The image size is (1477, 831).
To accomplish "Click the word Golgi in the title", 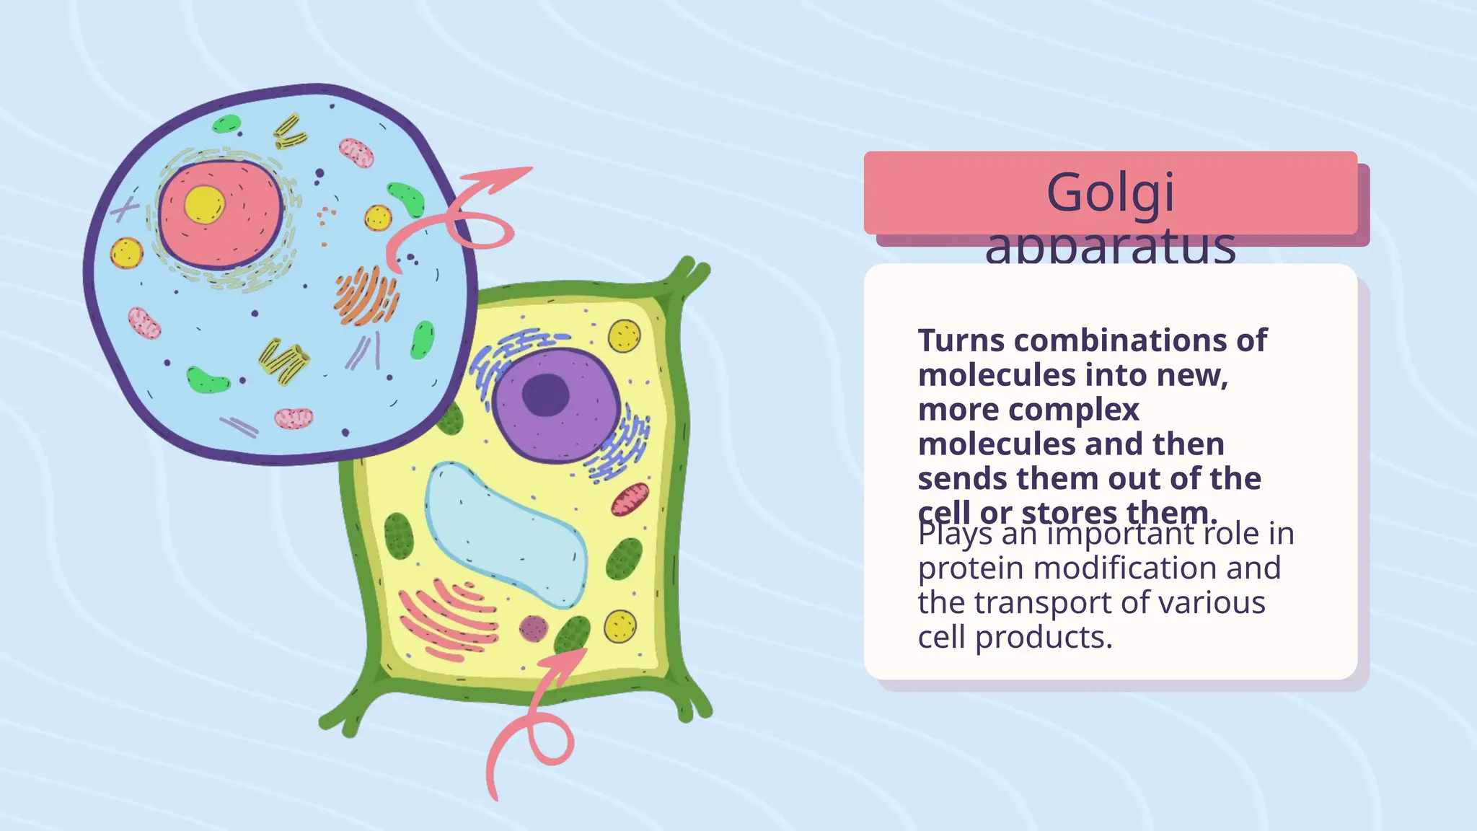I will (x=1110, y=193).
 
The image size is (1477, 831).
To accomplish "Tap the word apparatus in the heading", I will (x=1110, y=247).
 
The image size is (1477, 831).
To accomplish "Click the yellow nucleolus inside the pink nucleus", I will (x=204, y=204).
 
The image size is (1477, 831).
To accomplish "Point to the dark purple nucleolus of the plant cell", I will (x=545, y=395).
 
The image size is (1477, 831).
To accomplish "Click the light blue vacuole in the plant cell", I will (x=505, y=534).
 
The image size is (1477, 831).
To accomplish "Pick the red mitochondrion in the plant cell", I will (x=630, y=499).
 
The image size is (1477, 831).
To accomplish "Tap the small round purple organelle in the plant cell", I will (x=533, y=628).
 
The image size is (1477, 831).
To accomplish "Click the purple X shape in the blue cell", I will (x=125, y=210).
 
